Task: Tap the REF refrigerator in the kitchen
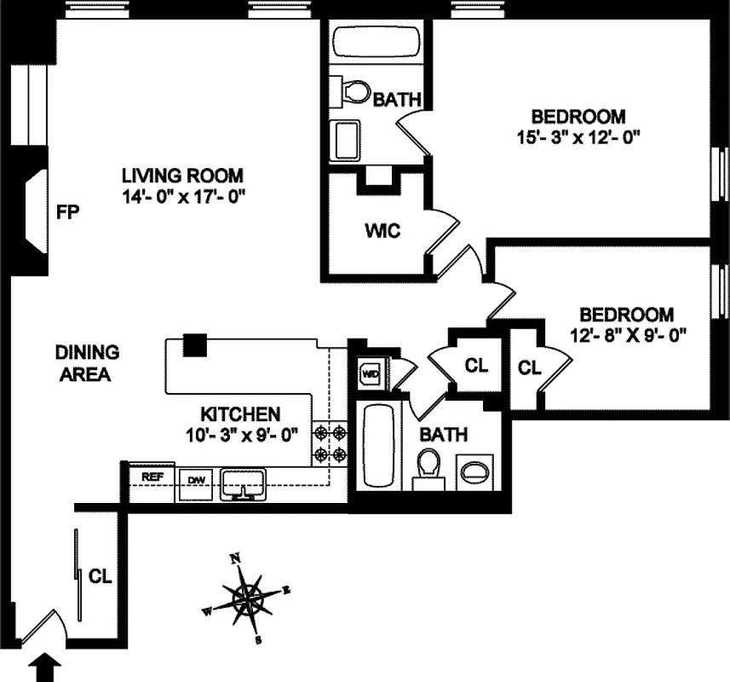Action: (x=152, y=477)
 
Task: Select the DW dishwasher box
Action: (x=195, y=479)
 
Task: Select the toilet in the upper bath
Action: (x=351, y=91)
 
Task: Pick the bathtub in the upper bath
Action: (x=375, y=43)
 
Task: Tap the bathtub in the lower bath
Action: (x=377, y=445)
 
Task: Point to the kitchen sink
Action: (x=243, y=483)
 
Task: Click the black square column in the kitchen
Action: (x=195, y=344)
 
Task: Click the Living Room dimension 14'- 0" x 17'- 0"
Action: (x=183, y=195)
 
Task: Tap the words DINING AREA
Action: (x=87, y=362)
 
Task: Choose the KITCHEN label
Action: (x=240, y=414)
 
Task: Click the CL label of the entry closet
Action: (x=101, y=576)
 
